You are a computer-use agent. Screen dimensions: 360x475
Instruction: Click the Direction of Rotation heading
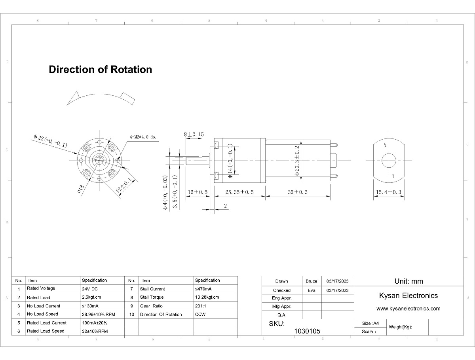coord(100,70)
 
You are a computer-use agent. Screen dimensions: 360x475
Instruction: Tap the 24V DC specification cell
coord(90,289)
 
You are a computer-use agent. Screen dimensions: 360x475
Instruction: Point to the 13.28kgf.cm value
coord(207,297)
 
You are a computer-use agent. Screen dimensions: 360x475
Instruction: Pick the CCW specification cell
coord(200,315)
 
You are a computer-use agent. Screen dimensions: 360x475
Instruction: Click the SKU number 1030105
coord(307,331)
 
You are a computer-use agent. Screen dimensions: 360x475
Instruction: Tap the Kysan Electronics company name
coord(408,296)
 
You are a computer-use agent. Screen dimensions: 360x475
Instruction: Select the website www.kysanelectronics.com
coord(408,309)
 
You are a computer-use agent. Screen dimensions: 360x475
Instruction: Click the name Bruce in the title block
coord(312,281)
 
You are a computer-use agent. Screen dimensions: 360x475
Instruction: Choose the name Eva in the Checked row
coord(312,290)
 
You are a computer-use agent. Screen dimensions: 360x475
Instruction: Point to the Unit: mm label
coord(408,281)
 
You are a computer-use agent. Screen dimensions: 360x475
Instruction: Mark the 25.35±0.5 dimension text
coord(239,192)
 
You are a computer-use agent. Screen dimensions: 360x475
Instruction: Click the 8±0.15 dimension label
coord(194,135)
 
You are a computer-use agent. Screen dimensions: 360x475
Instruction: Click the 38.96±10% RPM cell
coord(98,314)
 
